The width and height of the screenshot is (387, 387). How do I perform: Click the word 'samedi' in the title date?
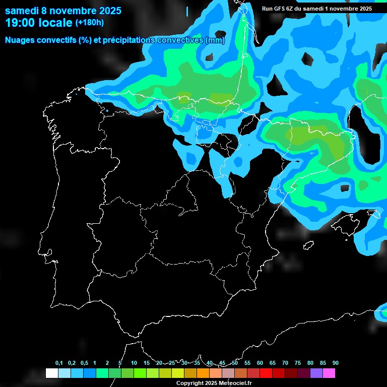[x=23, y=11]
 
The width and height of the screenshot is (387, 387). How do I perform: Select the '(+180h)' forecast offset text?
[x=90, y=23]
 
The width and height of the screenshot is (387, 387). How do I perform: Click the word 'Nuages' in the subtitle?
[x=21, y=40]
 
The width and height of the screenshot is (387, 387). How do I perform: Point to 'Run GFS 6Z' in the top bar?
[x=278, y=9]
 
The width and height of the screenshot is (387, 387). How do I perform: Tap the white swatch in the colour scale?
[x=52, y=373]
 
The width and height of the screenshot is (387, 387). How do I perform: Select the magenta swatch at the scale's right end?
[x=329, y=373]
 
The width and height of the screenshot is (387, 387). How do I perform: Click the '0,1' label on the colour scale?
[x=59, y=363]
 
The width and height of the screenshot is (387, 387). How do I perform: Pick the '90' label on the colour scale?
[x=335, y=363]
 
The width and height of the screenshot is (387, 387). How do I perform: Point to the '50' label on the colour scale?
[x=235, y=363]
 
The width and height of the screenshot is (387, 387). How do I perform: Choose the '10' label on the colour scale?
[x=134, y=363]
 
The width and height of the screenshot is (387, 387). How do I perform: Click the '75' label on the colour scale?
[x=298, y=363]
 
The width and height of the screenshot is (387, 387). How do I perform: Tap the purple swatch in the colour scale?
[x=316, y=373]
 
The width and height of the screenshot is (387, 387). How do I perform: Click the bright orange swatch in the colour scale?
[x=203, y=373]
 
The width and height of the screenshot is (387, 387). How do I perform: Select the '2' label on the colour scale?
[x=107, y=363]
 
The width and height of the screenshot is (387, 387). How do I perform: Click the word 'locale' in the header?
[x=55, y=23]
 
